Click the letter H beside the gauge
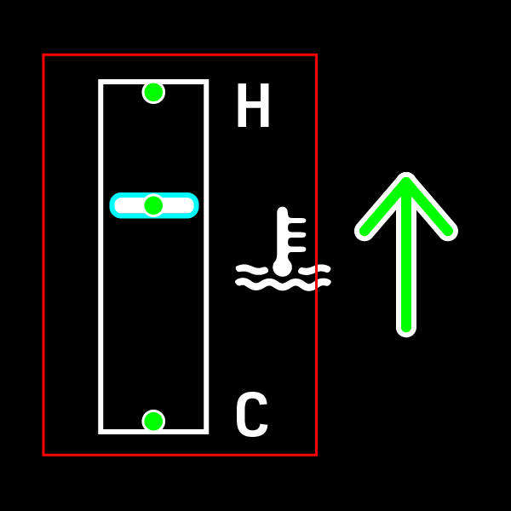253,107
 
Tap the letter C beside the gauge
251,416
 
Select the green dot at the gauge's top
153,92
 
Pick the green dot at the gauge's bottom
153,421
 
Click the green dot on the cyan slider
153,205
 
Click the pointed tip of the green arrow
406,178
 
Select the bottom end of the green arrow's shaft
406,328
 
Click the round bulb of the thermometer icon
282,267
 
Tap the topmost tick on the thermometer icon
296,221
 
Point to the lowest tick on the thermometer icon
296,249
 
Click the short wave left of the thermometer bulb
251,270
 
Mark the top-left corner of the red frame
43,55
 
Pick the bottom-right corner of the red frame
316,454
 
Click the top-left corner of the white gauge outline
101,82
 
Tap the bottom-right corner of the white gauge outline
206,431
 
